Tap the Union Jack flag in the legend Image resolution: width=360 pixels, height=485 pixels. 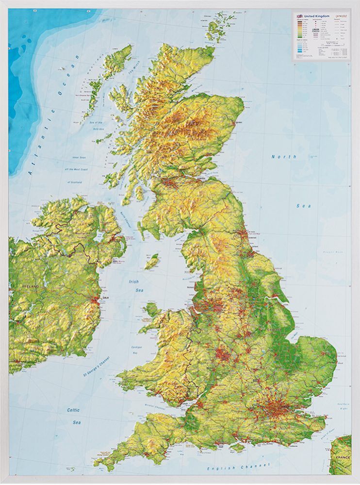pos(299,16)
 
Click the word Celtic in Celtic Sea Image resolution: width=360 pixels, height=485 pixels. pos(73,410)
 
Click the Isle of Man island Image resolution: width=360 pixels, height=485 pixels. pos(152,261)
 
